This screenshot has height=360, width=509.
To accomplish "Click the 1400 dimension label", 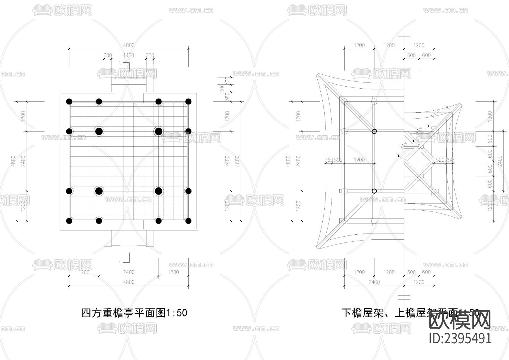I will click(x=129, y=55).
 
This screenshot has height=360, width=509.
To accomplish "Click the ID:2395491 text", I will click(x=460, y=338).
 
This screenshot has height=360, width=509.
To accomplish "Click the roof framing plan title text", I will click(x=410, y=313).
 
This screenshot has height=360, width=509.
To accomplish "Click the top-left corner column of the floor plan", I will click(x=69, y=102).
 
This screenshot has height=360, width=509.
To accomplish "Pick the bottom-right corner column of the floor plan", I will click(x=188, y=221).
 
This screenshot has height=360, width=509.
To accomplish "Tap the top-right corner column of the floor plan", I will click(x=188, y=102).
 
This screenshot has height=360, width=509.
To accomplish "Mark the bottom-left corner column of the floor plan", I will click(x=69, y=221).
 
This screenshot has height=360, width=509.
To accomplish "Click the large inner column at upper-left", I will click(x=99, y=131).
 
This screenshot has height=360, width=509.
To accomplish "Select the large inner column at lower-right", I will click(x=159, y=191).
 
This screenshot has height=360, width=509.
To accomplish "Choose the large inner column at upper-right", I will click(x=159, y=131).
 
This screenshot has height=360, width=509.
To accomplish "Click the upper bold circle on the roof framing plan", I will click(x=374, y=131).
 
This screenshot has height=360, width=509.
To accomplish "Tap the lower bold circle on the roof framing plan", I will click(x=374, y=191).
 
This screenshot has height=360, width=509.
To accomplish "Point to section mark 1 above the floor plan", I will click(x=120, y=63).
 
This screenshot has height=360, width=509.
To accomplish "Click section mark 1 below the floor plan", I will click(x=120, y=263).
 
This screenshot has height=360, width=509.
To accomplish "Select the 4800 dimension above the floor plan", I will click(x=129, y=45).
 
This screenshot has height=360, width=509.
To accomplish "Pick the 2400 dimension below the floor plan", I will click(x=129, y=272).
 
